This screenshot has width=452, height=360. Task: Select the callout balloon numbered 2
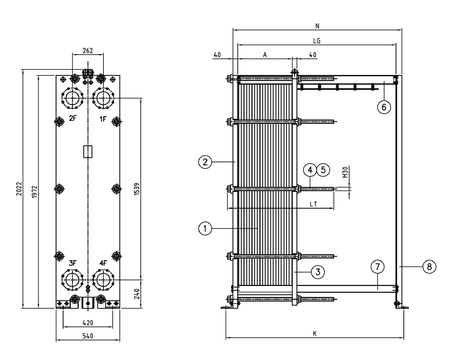205,162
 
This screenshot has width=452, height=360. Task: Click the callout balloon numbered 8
429,267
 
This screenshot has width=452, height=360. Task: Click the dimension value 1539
135,189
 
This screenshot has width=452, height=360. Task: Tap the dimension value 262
87,50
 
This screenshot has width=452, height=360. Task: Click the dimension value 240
135,293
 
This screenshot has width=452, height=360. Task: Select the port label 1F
103,119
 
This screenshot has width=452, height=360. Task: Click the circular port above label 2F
72,99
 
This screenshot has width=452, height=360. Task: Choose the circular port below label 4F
103,280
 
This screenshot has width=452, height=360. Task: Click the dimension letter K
314,333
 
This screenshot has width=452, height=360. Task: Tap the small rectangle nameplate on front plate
87,151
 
